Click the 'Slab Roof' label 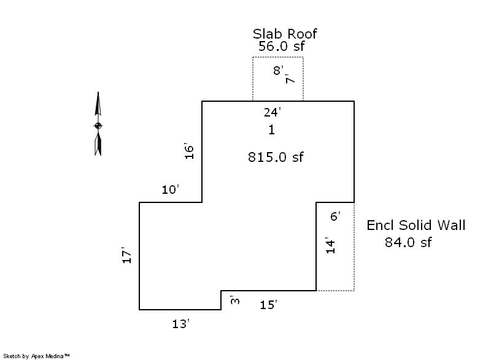click(x=285, y=34)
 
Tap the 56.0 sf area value click(x=281, y=46)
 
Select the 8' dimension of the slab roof click(x=278, y=71)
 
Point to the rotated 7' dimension click(x=290, y=79)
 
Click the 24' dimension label click(x=272, y=112)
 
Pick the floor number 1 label click(x=271, y=129)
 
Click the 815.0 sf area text click(x=276, y=157)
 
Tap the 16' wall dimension click(x=189, y=151)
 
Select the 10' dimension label click(x=170, y=190)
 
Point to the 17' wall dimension click(x=126, y=255)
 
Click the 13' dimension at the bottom click(x=180, y=324)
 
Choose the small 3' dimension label click(x=235, y=300)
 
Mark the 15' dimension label click(x=268, y=305)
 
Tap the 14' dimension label click(x=330, y=245)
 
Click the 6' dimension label click(x=335, y=216)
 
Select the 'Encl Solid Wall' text click(x=416, y=225)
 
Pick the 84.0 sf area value click(x=408, y=242)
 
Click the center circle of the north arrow click(x=98, y=126)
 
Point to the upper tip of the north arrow click(x=98, y=92)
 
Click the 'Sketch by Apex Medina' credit click(x=36, y=356)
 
